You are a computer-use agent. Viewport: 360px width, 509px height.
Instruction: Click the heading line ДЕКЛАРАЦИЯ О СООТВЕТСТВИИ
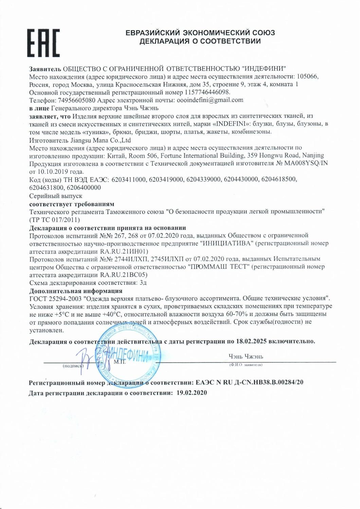pyautogui.click(x=200, y=41)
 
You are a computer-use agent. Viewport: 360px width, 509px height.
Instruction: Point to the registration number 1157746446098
pyautogui.click(x=207, y=92)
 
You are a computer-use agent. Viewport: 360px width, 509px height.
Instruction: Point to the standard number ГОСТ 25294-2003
pyautogui.click(x=57, y=299)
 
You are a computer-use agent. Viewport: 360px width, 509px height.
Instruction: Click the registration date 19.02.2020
pyautogui.click(x=192, y=393)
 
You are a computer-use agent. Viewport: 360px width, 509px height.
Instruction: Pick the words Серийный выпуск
pyautogui.click(x=56, y=196)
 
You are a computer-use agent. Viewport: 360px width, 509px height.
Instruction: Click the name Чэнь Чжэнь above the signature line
pyautogui.click(x=246, y=357)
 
